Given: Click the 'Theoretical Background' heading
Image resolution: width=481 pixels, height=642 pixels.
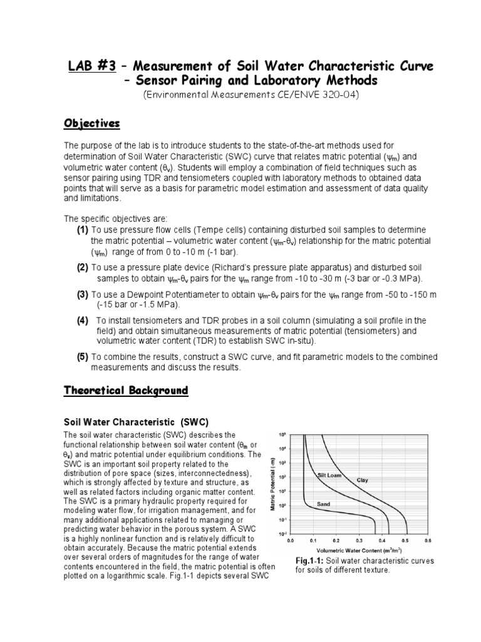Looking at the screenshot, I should [x=126, y=391].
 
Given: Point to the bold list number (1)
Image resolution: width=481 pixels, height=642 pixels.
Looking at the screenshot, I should [x=82, y=230].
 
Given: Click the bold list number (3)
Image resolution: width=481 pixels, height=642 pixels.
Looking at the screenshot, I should [x=82, y=294].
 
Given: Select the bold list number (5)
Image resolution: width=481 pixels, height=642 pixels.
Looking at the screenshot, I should [x=82, y=357].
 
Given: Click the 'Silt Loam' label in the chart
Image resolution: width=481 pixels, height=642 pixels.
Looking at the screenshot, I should [x=330, y=476].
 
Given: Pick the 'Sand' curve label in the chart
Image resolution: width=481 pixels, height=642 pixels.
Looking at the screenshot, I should [x=323, y=503].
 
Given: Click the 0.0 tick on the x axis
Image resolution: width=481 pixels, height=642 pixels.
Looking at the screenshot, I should [x=290, y=539].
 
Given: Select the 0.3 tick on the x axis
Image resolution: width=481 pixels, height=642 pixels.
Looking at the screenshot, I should [x=359, y=539].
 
